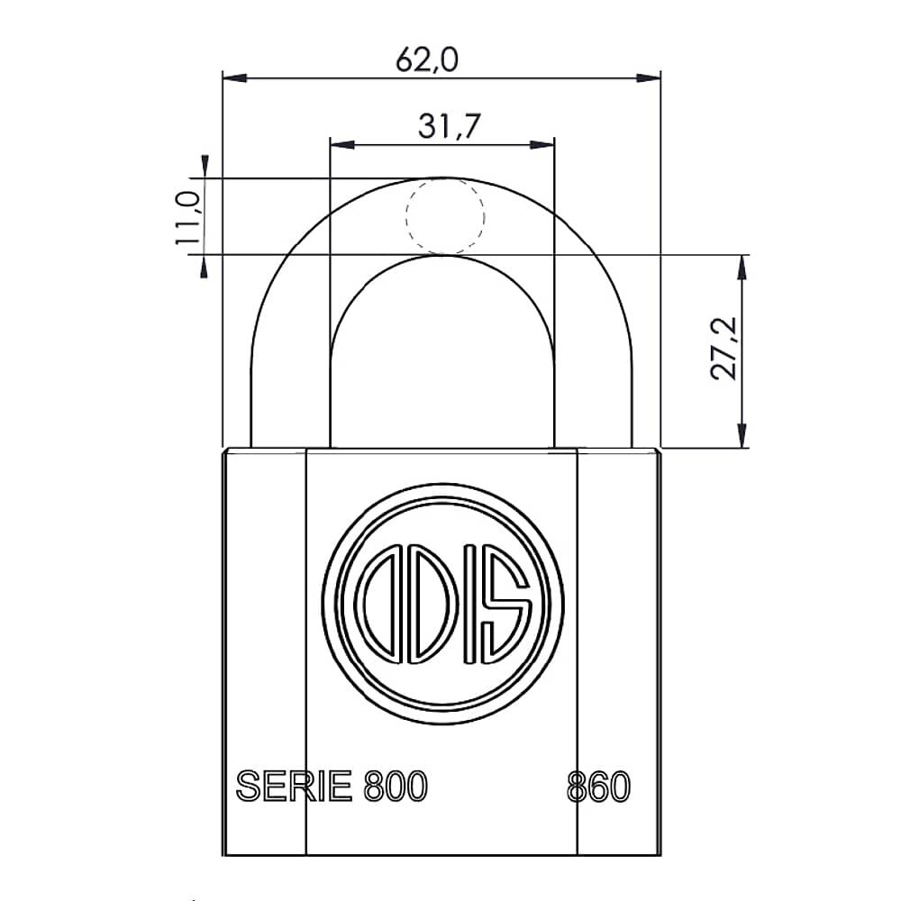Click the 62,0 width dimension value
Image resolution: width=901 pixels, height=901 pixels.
coord(428,60)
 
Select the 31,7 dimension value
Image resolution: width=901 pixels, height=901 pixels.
coord(448,127)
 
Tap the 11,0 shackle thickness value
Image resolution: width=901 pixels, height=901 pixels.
coord(187,216)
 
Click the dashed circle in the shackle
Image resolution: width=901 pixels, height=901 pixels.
coord(445,215)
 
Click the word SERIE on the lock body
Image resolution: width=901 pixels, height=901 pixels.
coord(294,787)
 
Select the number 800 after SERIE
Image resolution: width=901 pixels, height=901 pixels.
coord(395,787)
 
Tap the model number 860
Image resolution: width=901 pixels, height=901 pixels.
coord(598,787)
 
